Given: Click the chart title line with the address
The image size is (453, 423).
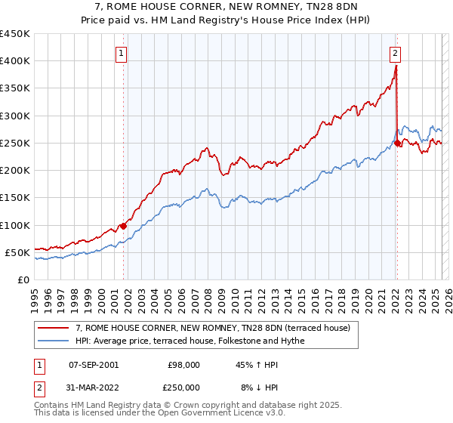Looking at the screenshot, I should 226,6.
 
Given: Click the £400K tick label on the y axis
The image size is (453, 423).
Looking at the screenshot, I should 15,61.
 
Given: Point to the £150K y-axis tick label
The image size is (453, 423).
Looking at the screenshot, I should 15,198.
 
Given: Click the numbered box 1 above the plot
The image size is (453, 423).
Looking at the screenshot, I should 122,53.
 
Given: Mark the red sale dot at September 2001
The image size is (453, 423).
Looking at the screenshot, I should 123,226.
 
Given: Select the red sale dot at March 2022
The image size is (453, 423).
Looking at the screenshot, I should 397,143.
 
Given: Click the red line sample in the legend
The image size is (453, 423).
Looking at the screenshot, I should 54,328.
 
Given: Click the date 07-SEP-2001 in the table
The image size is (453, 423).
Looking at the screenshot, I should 94,365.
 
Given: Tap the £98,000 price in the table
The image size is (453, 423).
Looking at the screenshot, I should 183,365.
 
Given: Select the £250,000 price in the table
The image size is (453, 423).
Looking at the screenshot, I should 183,386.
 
